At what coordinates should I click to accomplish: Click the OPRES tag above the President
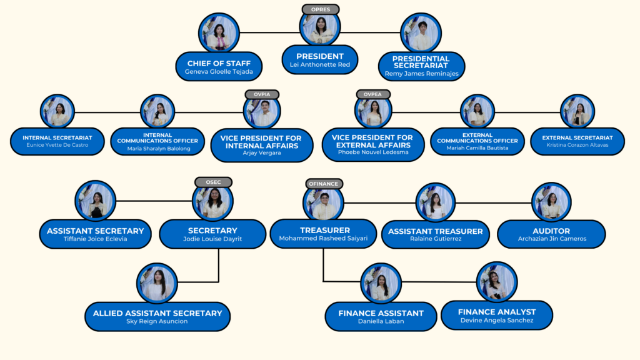point(321,9)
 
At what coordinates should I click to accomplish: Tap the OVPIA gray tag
point(262,94)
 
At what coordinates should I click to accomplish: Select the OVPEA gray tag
point(373,94)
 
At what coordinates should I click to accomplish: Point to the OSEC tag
point(212,182)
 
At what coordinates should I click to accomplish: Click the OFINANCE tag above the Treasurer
point(324,184)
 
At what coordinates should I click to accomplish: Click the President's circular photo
point(321,28)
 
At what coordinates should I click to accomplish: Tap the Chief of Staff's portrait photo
point(219,33)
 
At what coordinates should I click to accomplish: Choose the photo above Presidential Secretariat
point(421,33)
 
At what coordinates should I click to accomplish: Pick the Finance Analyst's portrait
point(497,282)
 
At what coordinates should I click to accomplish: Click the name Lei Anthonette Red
point(320,65)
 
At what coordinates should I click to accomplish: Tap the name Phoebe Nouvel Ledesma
point(372,152)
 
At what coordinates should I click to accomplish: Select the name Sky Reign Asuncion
point(157,321)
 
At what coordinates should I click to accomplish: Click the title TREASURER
point(324,230)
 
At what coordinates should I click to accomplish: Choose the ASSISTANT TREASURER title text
point(435,231)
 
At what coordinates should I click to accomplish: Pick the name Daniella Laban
point(381,321)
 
